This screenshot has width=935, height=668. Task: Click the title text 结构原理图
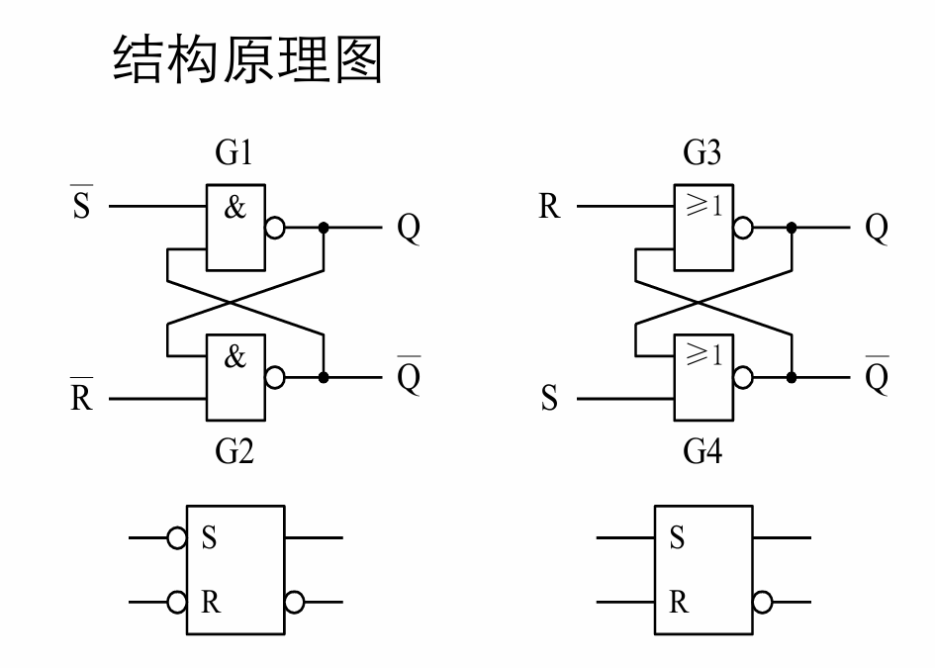pyautogui.click(x=247, y=61)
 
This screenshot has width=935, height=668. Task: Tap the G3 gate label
pyautogui.click(x=702, y=153)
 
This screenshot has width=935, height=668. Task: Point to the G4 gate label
pyautogui.click(x=702, y=453)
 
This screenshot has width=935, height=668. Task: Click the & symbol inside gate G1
pyautogui.click(x=234, y=209)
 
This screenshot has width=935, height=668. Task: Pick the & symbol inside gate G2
pyautogui.click(x=234, y=357)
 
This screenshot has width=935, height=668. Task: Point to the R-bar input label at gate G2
pyautogui.click(x=81, y=398)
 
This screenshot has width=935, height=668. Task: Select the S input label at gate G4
pyautogui.click(x=550, y=400)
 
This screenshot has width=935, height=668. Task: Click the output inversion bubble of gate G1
pyautogui.click(x=274, y=228)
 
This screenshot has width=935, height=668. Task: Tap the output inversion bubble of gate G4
pyautogui.click(x=742, y=377)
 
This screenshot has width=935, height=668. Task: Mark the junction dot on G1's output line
pyautogui.click(x=324, y=228)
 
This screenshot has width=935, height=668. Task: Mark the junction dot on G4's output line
pyautogui.click(x=792, y=377)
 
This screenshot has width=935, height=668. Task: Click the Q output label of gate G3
pyautogui.click(x=877, y=229)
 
